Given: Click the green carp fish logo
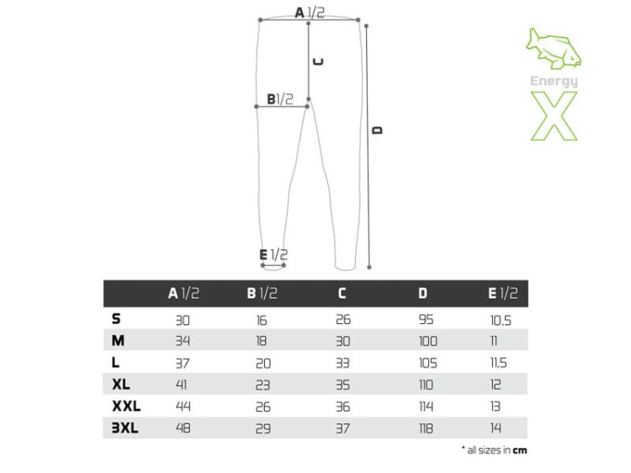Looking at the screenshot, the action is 554,48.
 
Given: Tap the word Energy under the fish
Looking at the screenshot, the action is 554,82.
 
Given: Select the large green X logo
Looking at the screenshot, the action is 554,116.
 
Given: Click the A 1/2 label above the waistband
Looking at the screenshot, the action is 310,13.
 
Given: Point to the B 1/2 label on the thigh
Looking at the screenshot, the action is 280,99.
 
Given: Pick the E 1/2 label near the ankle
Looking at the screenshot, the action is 273,254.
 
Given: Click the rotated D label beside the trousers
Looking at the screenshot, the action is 378,130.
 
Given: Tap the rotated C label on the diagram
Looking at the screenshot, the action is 318,62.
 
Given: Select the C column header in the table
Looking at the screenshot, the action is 342,293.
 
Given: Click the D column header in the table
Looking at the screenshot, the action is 422,293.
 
